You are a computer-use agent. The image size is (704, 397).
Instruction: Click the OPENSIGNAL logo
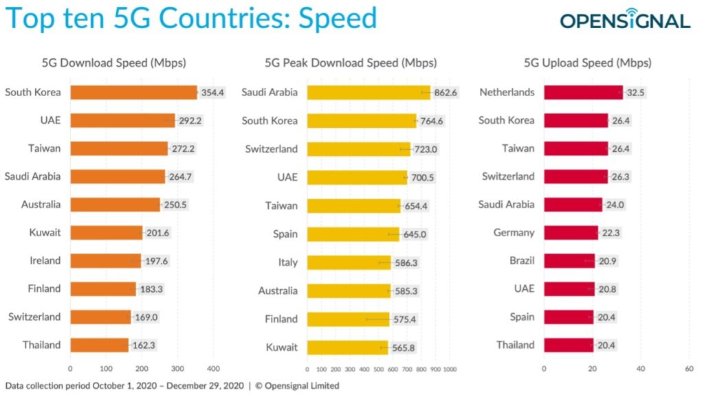(624, 21)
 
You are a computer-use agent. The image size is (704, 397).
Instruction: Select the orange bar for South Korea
(133, 92)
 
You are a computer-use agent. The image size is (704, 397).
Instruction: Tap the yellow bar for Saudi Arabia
(368, 92)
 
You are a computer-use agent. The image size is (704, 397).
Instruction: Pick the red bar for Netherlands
(583, 92)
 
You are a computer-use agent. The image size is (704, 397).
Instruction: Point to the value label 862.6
(444, 92)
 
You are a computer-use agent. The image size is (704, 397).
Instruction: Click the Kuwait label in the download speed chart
(45, 233)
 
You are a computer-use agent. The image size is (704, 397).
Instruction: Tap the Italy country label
(288, 262)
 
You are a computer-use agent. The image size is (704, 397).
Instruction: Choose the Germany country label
(514, 233)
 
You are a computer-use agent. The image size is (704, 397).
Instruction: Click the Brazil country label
(520, 261)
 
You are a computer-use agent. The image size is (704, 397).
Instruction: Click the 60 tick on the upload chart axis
(690, 368)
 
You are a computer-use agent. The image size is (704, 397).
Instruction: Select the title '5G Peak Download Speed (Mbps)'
(351, 63)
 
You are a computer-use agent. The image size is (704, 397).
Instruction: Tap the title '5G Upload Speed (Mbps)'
(587, 63)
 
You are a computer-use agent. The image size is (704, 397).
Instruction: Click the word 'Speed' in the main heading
(338, 19)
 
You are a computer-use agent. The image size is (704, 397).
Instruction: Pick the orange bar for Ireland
(104, 261)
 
